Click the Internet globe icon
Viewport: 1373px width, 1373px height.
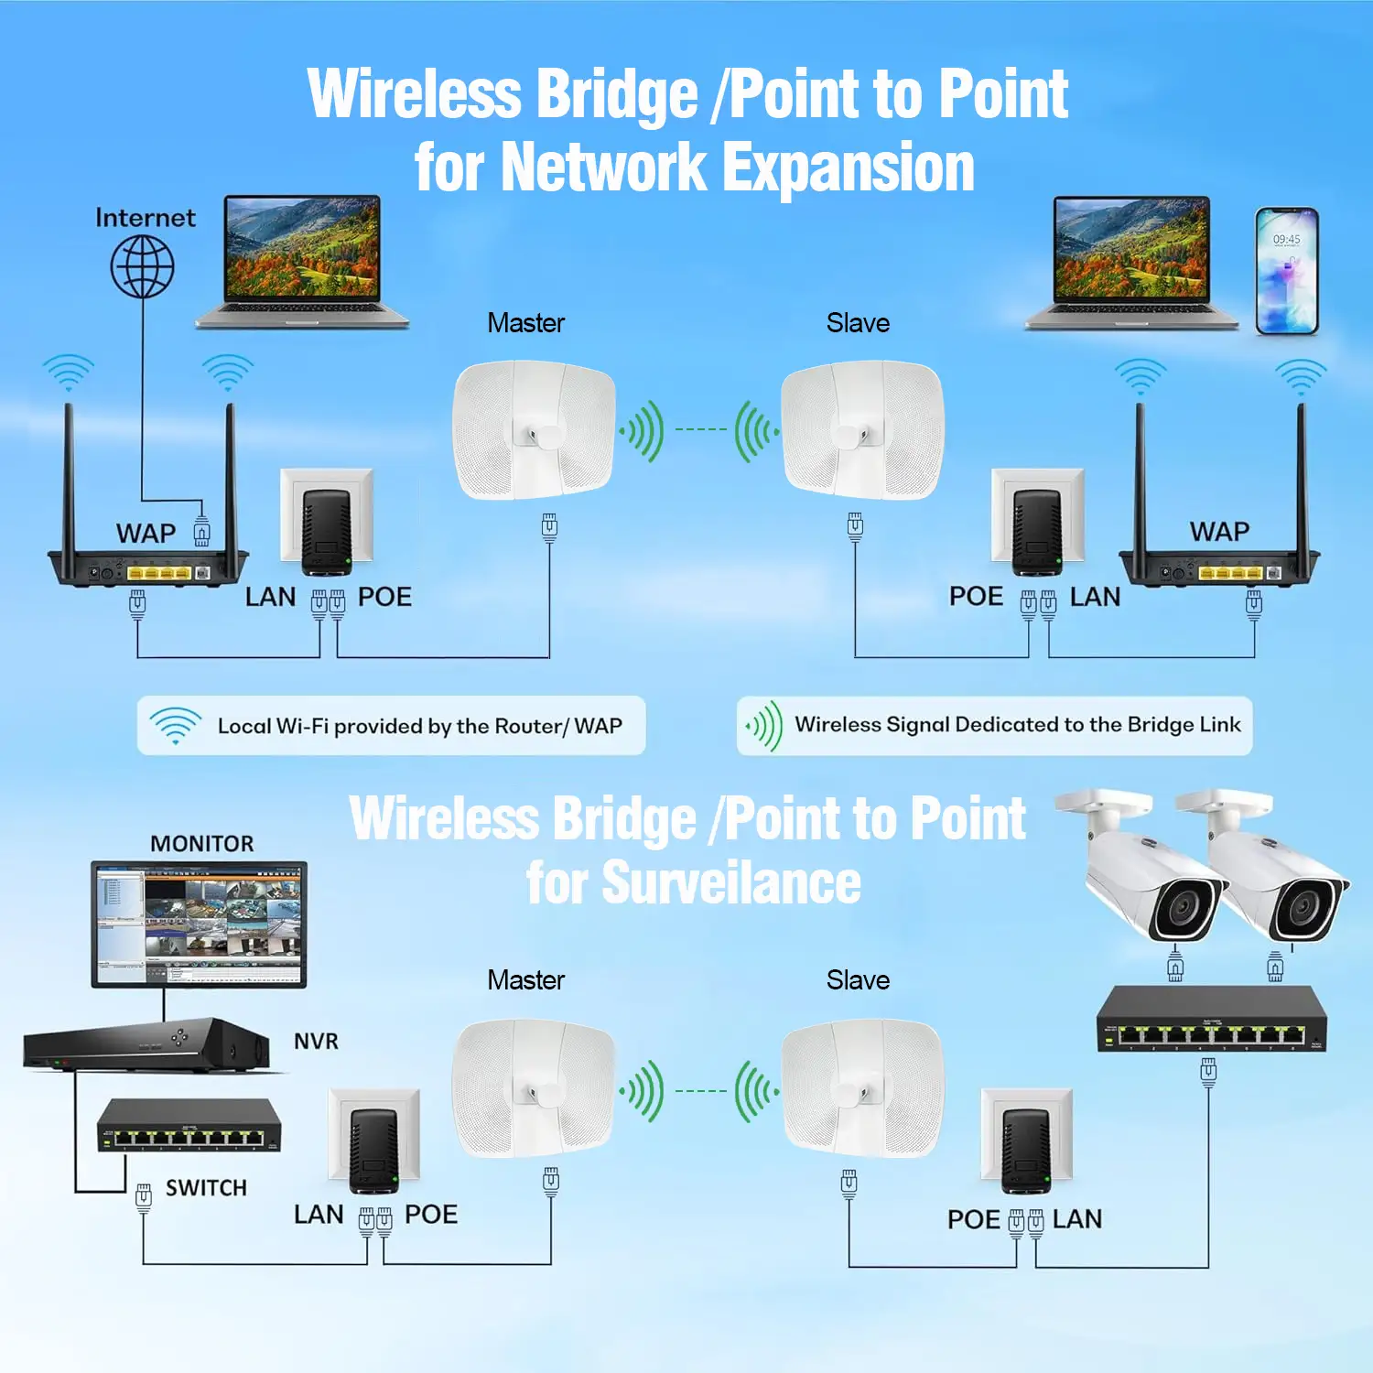[143, 266]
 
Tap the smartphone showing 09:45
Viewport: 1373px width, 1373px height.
[1286, 271]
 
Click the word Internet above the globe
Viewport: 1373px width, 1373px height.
[145, 218]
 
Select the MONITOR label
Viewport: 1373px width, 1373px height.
[201, 843]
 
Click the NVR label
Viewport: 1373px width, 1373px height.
[316, 1041]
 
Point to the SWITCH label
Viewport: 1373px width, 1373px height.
[206, 1187]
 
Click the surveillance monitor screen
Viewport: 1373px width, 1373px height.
[199, 924]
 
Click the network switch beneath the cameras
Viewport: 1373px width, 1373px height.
[1212, 1019]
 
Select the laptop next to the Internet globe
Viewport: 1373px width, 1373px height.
[302, 261]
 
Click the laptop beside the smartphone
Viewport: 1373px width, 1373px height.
[1132, 262]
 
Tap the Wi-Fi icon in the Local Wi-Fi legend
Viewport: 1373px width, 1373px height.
[175, 725]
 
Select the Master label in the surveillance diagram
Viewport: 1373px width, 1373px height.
[525, 980]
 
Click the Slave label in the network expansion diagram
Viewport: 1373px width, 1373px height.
[858, 323]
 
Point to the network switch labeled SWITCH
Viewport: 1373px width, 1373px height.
[189, 1126]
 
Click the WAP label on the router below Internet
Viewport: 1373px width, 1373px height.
[146, 533]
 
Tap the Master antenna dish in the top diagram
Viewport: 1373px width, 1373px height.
[534, 430]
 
